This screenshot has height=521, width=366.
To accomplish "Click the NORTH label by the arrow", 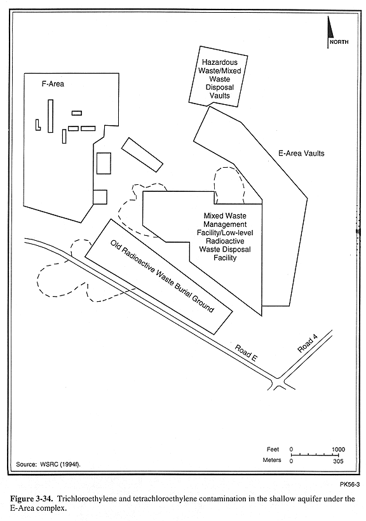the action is click(339, 42).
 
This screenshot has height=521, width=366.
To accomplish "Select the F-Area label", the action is click(53, 84).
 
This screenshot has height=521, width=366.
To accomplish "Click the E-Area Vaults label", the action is click(301, 153).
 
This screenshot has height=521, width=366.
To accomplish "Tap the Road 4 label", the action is click(308, 344).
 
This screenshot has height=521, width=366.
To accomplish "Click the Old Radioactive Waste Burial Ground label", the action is click(162, 276).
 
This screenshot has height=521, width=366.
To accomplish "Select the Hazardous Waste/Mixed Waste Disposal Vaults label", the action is click(220, 79).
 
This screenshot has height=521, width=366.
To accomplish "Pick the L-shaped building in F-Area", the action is click(37, 125).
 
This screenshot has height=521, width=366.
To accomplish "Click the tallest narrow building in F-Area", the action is click(50, 116).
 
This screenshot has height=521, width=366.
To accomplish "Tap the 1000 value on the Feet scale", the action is click(339, 449).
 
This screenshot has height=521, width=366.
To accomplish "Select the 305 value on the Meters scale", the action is click(339, 461).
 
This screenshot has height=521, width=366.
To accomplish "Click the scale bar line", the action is click(315, 455).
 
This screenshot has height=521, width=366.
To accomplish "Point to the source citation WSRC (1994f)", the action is click(48, 464).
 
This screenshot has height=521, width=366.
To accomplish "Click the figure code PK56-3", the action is click(349, 484).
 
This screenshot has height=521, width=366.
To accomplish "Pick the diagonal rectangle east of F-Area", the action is click(142, 155).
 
